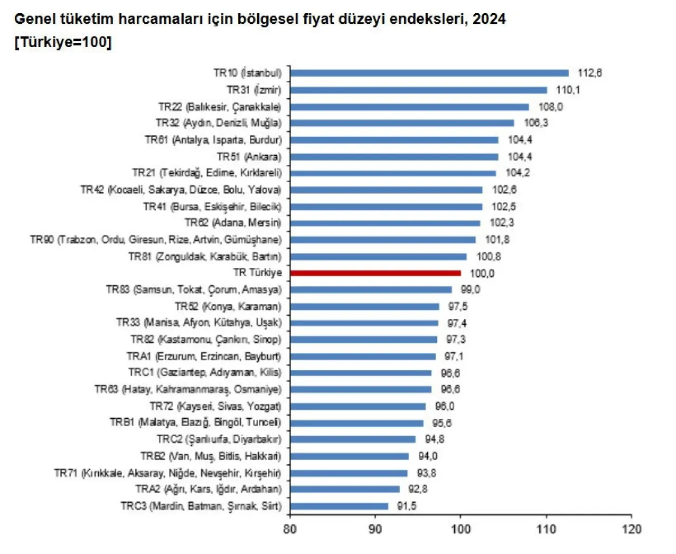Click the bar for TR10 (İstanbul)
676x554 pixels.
coord(429,73)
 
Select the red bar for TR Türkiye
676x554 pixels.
coord(375,273)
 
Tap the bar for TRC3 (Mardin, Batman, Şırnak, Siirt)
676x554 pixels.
coord(339,506)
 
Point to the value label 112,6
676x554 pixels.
coord(589,73)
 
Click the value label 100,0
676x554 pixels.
coord(482,273)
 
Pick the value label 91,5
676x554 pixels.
coord(407,506)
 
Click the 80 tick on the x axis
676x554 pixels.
coord(290,529)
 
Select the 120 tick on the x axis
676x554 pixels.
coord(631,529)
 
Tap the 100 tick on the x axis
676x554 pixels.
coord(461,529)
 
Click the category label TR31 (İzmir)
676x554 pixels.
coord(254,90)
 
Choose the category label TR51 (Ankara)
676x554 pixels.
coord(249,156)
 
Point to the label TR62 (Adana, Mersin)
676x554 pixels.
coord(233,223)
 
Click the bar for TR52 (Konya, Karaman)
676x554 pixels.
coord(364,306)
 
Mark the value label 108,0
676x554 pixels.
coord(550,107)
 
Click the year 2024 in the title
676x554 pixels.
coord(489,19)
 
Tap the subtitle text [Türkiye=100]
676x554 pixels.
coord(63,42)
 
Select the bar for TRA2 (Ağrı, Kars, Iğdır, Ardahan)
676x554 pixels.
coord(344,489)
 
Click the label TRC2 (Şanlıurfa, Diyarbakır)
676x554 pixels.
coord(219,439)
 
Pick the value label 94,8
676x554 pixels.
coord(434,439)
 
